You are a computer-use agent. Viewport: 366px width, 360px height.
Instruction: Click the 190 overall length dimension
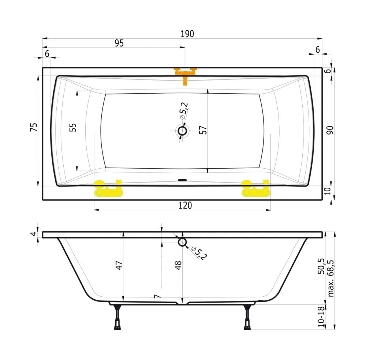tap(187, 34)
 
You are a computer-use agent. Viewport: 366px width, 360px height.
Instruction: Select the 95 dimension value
tap(119, 43)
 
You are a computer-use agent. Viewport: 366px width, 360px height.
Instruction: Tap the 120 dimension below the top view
tap(185, 206)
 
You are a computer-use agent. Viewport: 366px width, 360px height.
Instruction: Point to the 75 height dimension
tap(34, 127)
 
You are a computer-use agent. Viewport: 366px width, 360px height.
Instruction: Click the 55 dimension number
tap(73, 127)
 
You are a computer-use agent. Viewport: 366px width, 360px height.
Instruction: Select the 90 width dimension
tap(330, 130)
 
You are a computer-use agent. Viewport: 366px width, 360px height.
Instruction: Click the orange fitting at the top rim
tap(185, 74)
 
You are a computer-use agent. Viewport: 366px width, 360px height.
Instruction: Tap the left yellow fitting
tap(108, 189)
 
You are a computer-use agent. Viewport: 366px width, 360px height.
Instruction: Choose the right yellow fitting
tap(255, 189)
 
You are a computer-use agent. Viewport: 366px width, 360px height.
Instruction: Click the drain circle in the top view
tap(182, 131)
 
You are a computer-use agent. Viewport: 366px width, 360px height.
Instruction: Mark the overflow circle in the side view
tap(182, 242)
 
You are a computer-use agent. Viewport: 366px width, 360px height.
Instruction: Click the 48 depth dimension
tap(178, 265)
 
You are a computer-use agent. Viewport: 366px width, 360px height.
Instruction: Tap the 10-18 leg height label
tap(321, 315)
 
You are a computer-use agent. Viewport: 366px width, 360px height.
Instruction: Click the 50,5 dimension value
tap(321, 266)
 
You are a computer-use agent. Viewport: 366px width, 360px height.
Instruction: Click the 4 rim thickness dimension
tap(34, 234)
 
